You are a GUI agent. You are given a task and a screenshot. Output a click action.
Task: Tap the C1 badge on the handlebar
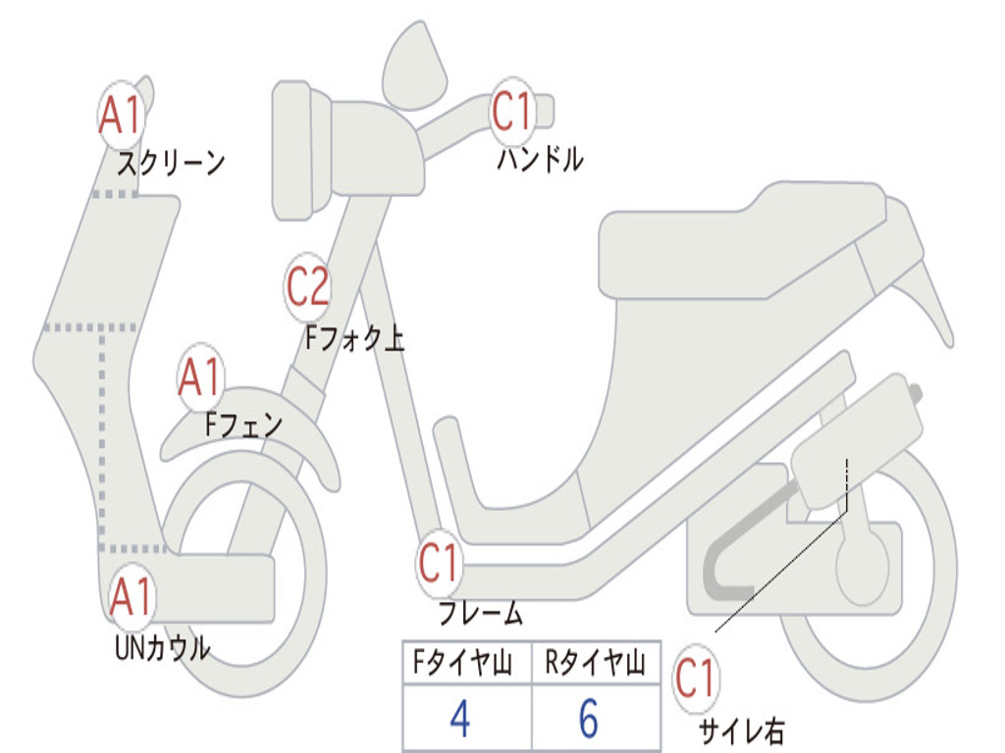512,111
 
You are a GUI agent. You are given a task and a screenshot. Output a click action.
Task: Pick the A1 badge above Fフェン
201,378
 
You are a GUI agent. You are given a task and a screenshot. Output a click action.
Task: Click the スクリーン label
171,163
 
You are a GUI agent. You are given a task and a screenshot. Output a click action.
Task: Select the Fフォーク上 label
354,339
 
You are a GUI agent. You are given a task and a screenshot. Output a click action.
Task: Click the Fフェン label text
243,425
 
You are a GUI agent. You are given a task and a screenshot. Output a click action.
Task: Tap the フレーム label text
480,615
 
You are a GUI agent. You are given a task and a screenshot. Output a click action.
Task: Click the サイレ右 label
741,730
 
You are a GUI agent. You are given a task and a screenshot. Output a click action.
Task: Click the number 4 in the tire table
459,719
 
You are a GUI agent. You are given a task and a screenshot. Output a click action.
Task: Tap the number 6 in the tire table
589,719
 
